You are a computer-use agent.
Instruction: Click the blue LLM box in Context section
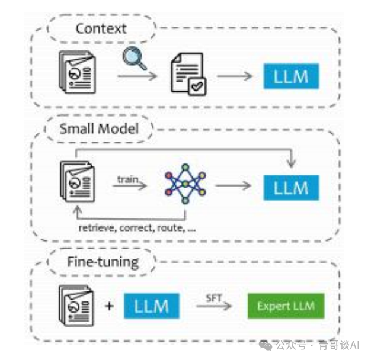(x=291, y=76)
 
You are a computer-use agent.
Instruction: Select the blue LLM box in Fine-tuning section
(x=151, y=306)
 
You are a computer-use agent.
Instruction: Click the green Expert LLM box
(x=286, y=306)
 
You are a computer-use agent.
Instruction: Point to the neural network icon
(x=184, y=185)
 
